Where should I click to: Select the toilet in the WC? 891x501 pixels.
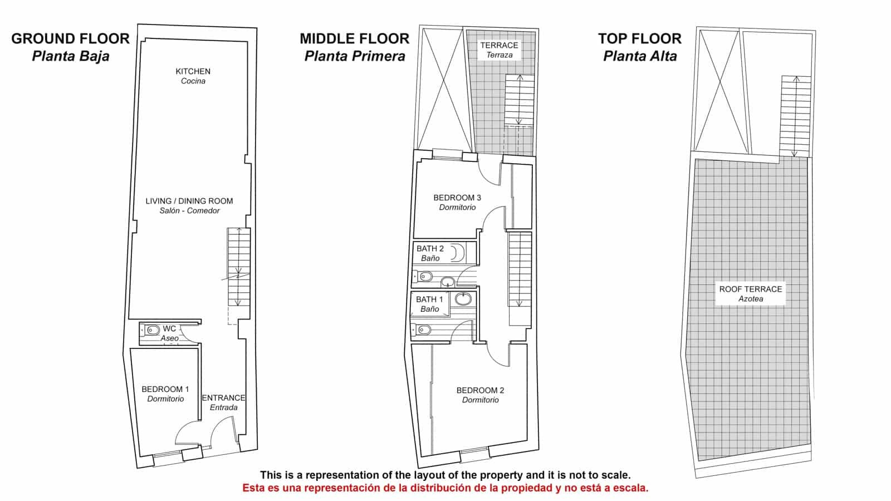click(x=150, y=330)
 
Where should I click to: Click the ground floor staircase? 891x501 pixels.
click(x=239, y=267)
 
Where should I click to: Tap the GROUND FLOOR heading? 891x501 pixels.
click(x=70, y=38)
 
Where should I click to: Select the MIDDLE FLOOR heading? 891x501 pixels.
click(x=354, y=38)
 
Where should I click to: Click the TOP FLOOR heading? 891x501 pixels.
click(x=640, y=38)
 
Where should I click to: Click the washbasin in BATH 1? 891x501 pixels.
click(x=463, y=298)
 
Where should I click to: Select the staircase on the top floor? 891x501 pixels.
click(x=796, y=116)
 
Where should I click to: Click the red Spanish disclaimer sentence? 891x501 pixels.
click(x=445, y=488)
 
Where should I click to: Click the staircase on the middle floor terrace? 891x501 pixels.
click(x=520, y=100)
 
